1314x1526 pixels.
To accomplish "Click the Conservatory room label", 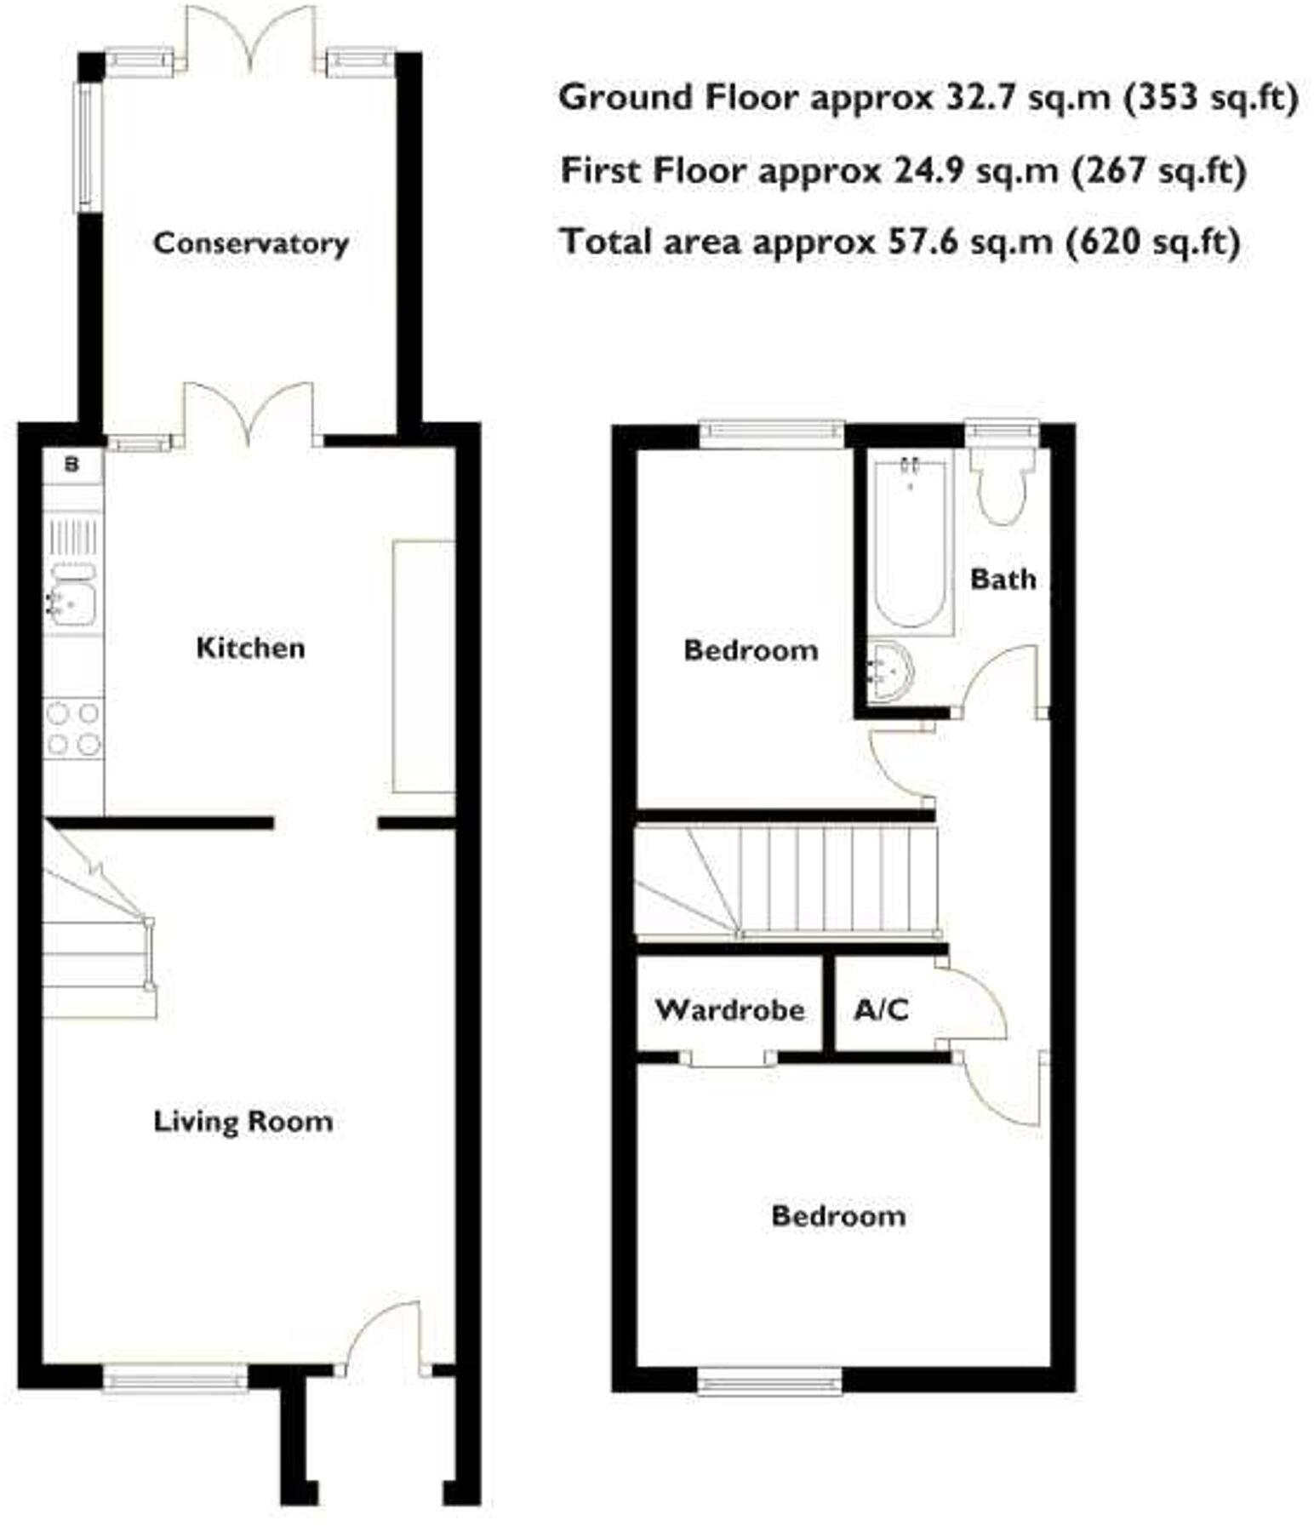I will (250, 243).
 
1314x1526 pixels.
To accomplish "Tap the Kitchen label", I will (250, 648).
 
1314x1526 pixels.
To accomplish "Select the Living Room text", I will (243, 1121).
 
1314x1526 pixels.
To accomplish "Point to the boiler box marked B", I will (72, 465).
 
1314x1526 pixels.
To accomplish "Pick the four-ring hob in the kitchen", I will (73, 729).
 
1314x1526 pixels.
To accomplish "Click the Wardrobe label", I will (729, 1010).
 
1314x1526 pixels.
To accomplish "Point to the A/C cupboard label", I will (881, 1010).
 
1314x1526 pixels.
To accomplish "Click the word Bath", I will (1003, 580).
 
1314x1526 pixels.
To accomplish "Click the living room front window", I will (175, 1377).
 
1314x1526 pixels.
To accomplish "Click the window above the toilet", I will (1003, 434).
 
